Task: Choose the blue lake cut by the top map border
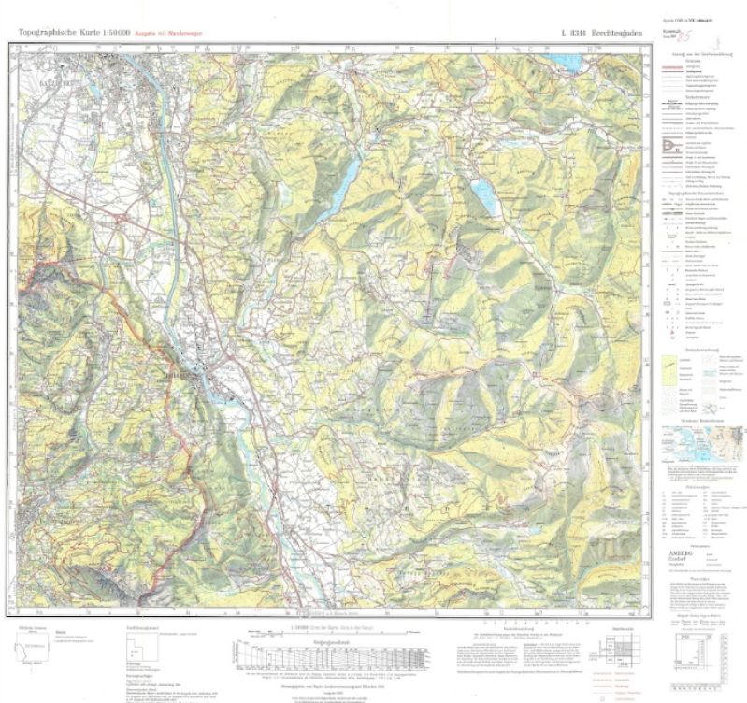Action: click(565, 61)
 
